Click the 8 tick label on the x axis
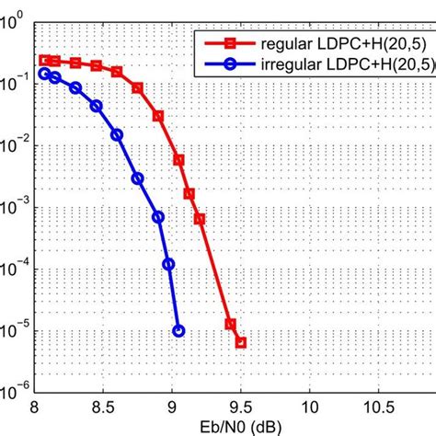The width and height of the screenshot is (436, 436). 35,406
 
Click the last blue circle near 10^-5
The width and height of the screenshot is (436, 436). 178,331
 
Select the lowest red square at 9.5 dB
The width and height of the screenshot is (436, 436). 241,342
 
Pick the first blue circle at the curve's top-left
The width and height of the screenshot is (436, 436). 44,73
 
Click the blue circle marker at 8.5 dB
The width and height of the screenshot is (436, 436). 97,107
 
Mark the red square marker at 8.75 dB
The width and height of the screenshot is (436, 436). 138,88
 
